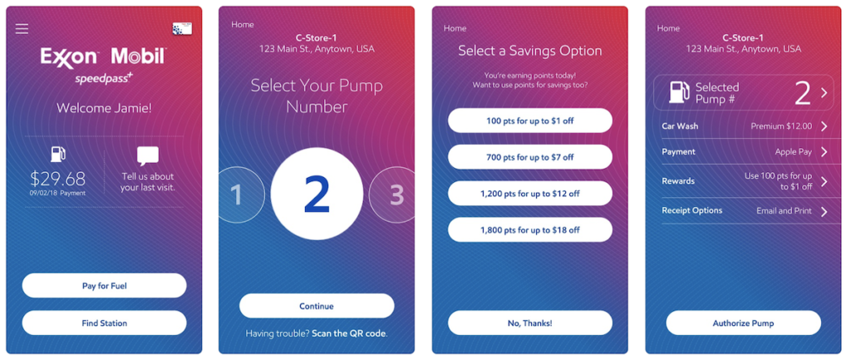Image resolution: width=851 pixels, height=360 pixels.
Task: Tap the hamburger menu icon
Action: tap(22, 29)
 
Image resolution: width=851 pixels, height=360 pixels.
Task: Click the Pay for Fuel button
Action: tap(104, 286)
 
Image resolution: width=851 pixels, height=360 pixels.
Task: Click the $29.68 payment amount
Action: tap(57, 178)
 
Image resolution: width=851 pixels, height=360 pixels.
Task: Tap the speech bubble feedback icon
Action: tap(147, 155)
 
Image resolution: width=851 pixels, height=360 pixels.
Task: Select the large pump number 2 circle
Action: tap(317, 194)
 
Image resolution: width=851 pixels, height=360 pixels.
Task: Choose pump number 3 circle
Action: tap(394, 195)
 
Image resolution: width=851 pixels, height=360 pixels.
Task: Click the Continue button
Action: tap(317, 306)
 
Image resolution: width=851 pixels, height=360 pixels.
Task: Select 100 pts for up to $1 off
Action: tap(529, 121)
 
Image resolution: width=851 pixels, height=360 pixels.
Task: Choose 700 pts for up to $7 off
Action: tap(529, 157)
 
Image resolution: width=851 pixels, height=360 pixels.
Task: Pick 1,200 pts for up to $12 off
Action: tap(529, 193)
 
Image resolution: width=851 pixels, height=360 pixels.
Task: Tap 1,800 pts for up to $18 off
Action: tap(529, 229)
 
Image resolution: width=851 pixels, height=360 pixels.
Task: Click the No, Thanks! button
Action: tap(529, 323)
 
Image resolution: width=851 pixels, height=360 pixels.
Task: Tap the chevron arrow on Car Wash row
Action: tap(824, 126)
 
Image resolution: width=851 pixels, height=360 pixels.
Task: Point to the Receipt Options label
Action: tap(691, 210)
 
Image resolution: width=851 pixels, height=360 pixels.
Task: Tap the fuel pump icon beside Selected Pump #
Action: tap(679, 92)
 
